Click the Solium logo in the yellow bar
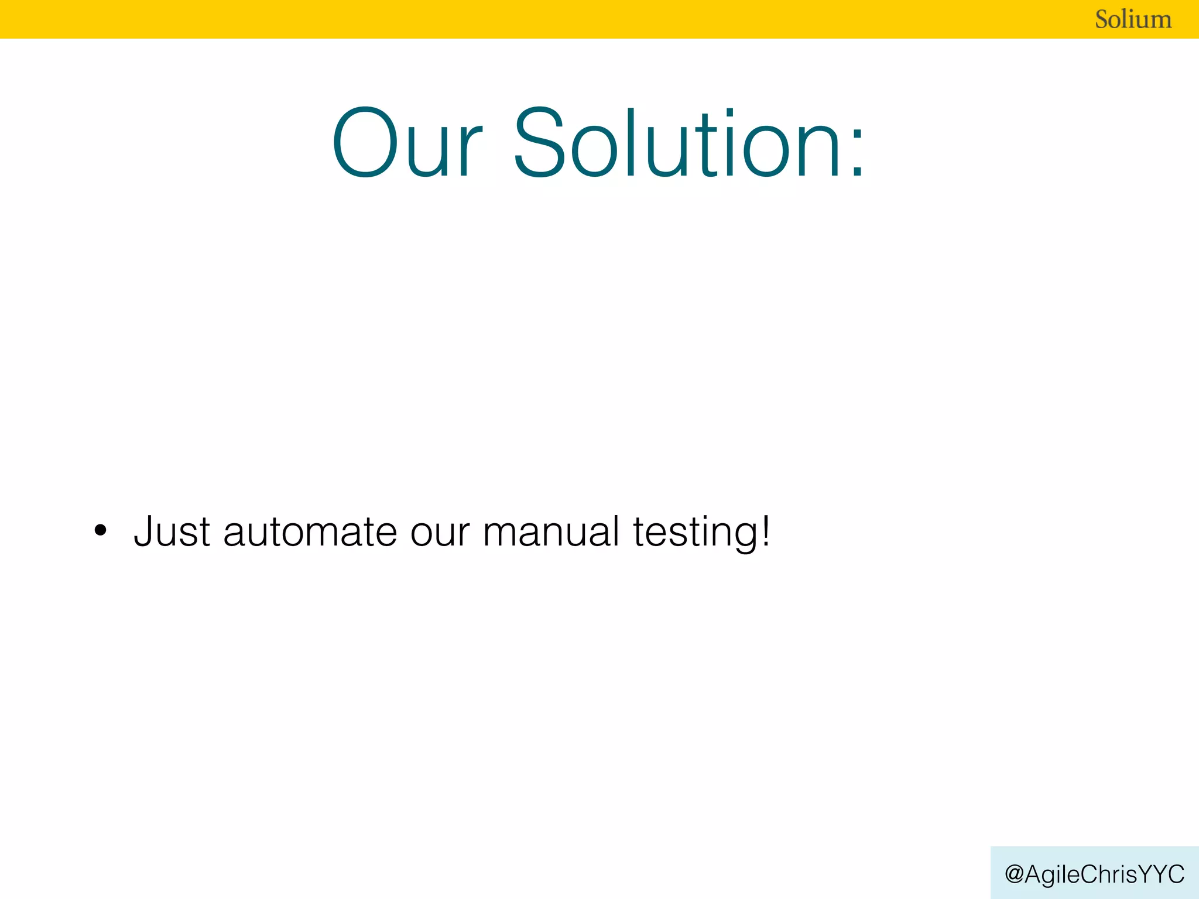[x=1133, y=19]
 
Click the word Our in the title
[x=407, y=143]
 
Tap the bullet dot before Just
[x=101, y=531]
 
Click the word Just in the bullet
[x=172, y=531]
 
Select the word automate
[x=310, y=531]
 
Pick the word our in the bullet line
[x=439, y=533]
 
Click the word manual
[x=551, y=531]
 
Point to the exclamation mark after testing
[x=765, y=530]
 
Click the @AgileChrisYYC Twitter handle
[x=1094, y=874]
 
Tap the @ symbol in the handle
[x=1014, y=874]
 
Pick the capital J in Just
[x=145, y=531]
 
